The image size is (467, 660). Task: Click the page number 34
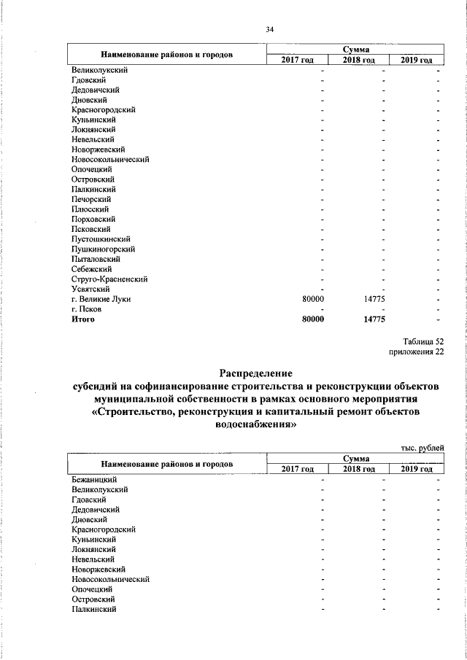(x=269, y=30)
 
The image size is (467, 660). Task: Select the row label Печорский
(x=91, y=199)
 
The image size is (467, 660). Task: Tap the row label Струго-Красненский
(x=110, y=279)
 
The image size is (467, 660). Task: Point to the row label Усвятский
(x=91, y=289)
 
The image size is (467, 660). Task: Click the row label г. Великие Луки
(x=101, y=299)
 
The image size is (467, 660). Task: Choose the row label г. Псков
(x=87, y=308)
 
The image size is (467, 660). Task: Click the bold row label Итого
(x=83, y=319)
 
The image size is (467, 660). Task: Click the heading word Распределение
(x=251, y=373)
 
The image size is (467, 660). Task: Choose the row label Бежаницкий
(x=94, y=479)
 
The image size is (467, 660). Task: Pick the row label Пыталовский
(x=96, y=259)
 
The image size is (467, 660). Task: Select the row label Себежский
(x=91, y=269)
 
